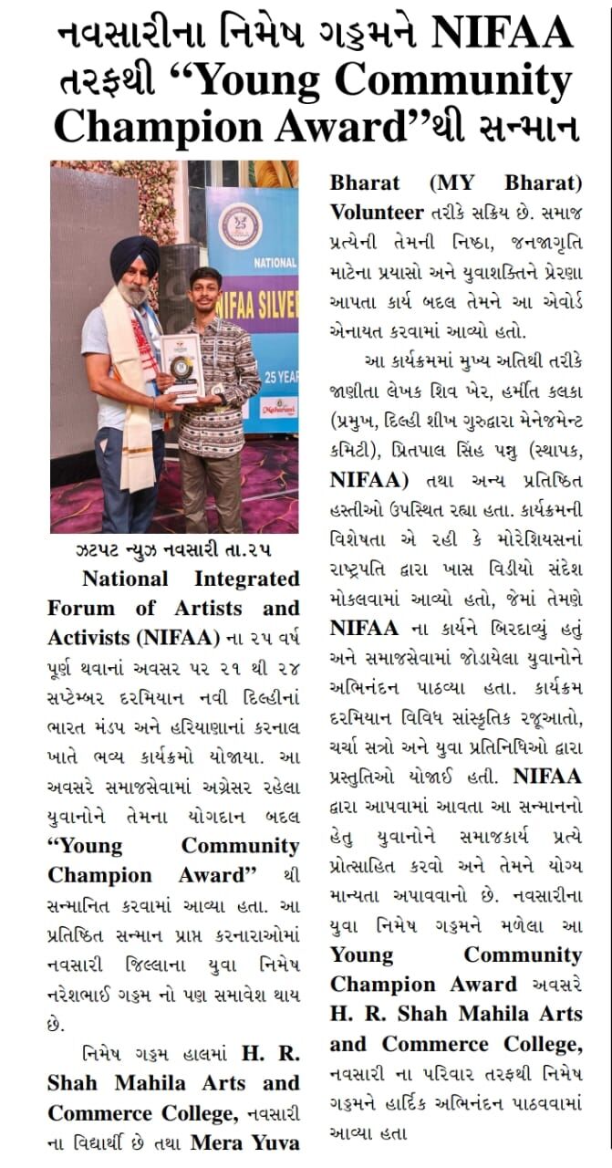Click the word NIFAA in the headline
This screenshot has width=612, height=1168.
[x=502, y=35]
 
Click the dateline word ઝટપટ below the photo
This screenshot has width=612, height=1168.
[x=99, y=553]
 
